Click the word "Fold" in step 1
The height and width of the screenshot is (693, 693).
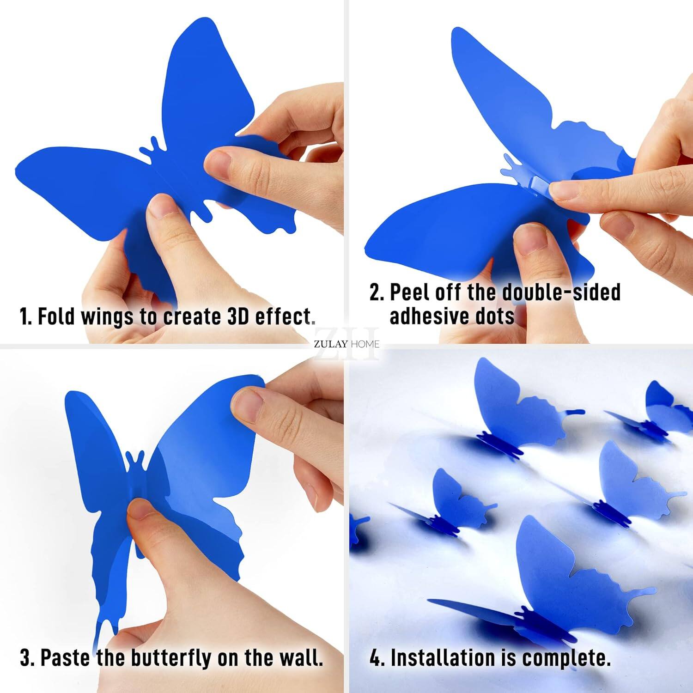(x=56, y=317)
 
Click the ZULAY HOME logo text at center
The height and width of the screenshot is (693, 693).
(x=346, y=344)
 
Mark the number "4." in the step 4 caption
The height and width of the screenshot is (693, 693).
(x=377, y=658)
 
